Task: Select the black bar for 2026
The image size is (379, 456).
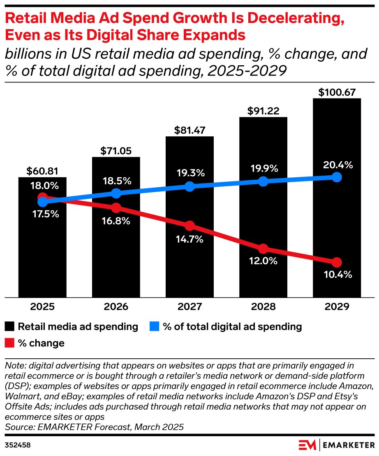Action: [116, 246]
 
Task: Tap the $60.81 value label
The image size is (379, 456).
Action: [42, 171]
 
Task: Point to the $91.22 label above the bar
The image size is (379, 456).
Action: [263, 111]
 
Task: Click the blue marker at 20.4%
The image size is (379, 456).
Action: [337, 177]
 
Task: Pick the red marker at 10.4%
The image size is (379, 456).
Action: [337, 262]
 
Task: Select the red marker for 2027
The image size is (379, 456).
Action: [189, 226]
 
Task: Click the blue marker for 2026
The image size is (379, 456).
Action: [116, 193]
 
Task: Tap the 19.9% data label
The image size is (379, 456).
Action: [263, 168]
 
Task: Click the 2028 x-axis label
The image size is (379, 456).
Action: [263, 307]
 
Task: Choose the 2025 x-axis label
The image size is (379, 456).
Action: [42, 307]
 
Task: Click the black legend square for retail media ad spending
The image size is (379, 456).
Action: [10, 327]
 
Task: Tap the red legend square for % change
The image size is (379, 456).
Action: [10, 343]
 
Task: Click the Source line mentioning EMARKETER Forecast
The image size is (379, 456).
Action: [94, 427]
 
